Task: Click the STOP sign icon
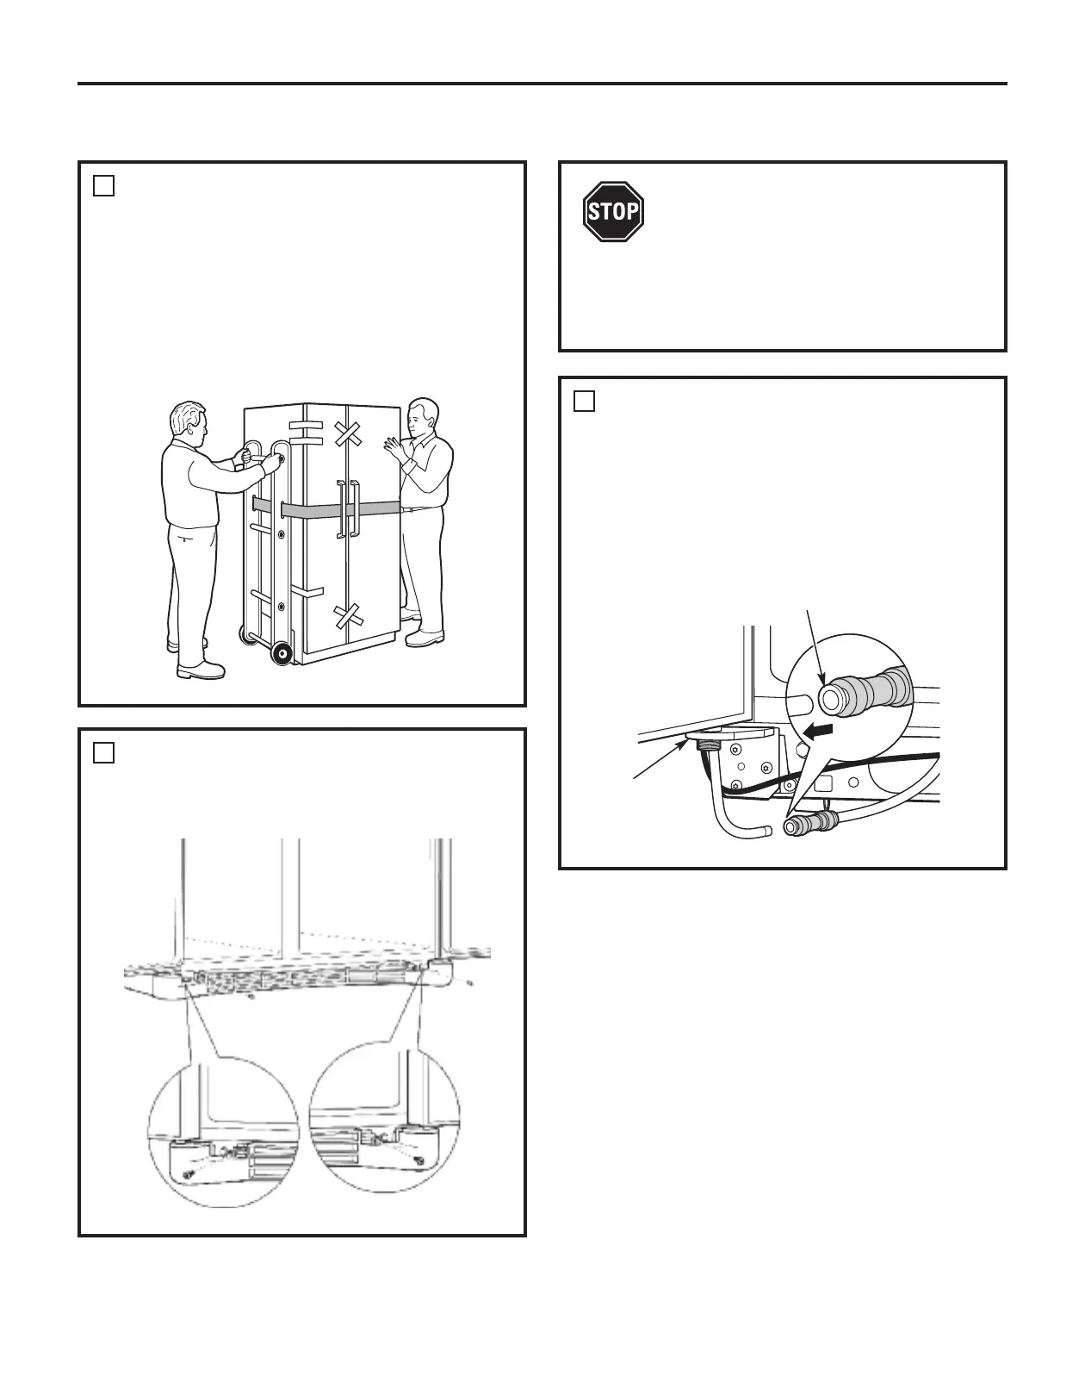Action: pos(613,212)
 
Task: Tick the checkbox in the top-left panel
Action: pos(103,185)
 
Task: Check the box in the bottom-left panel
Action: pos(103,752)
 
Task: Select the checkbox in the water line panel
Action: pos(584,401)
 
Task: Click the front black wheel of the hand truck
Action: pos(281,653)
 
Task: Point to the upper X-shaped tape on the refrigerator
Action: pos(349,433)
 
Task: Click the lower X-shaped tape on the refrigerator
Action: pos(348,615)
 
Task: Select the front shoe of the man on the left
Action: pos(201,669)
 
